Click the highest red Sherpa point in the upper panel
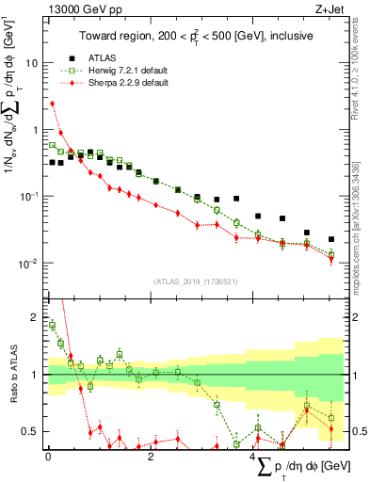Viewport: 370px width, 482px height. [x=53, y=104]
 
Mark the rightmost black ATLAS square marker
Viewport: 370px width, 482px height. [x=330, y=239]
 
